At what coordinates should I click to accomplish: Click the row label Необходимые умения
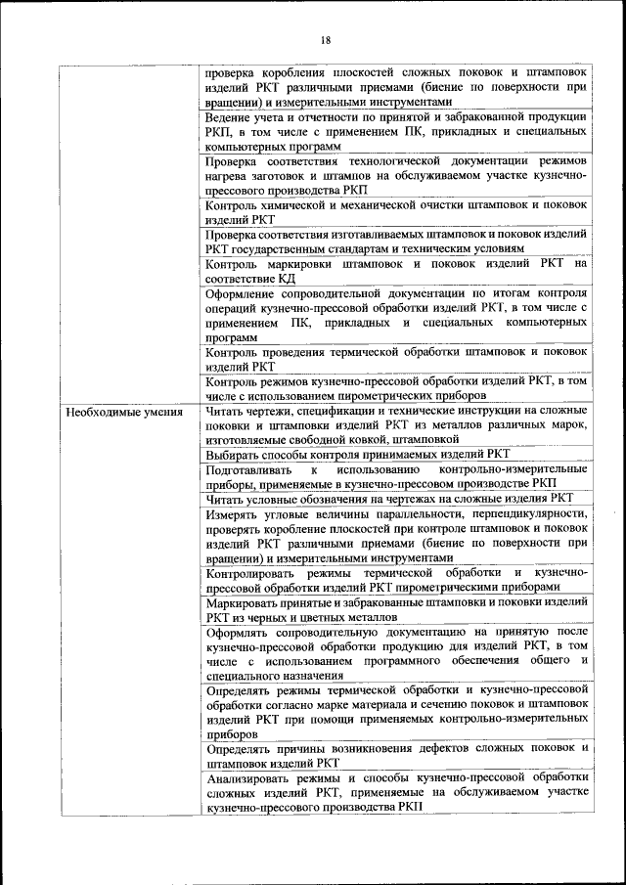pyautogui.click(x=124, y=412)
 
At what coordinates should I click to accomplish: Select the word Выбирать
pyautogui.click(x=234, y=455)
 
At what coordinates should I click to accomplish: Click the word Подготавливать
pyautogui.click(x=250, y=469)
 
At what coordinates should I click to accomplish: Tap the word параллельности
pyautogui.click(x=405, y=512)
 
